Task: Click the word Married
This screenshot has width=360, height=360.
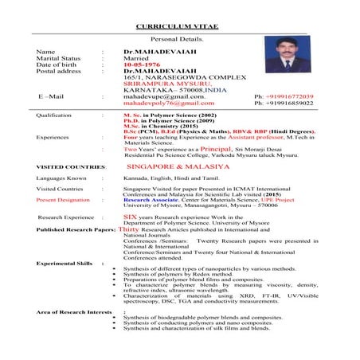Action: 138,57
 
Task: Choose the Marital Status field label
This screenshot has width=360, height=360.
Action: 58,57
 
